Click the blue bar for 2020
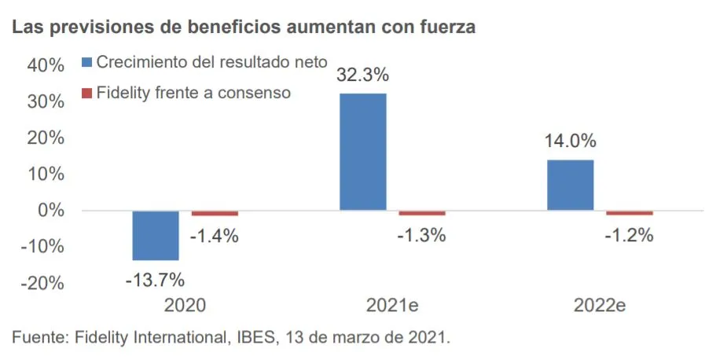coord(156,235)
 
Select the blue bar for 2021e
coord(363,152)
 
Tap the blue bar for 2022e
coord(571,185)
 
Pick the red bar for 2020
coord(215,213)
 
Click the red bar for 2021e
coord(422,213)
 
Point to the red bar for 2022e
coord(630,213)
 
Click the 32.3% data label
coord(363,76)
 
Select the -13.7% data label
coord(155,278)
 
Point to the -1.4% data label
coord(215,235)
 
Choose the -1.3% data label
coord(422,235)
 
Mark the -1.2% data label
coord(630,235)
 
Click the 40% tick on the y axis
coord(46,66)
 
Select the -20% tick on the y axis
coord(42,283)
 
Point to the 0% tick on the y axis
coord(50,211)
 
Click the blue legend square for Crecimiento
coord(87,61)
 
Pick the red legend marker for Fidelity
coord(87,94)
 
